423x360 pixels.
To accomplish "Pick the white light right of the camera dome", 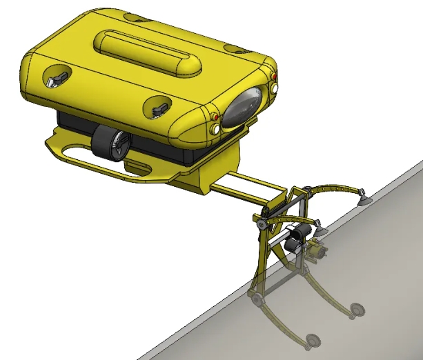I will (275, 88).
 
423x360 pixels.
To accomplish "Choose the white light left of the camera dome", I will (217, 129).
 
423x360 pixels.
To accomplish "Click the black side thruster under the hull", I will (110, 143).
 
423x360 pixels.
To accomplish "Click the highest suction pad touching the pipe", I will (362, 201).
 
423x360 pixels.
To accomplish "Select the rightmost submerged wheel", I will (357, 310).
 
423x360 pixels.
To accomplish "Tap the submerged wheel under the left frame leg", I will (257, 300).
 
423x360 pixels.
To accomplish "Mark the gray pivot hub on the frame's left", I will (262, 223).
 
